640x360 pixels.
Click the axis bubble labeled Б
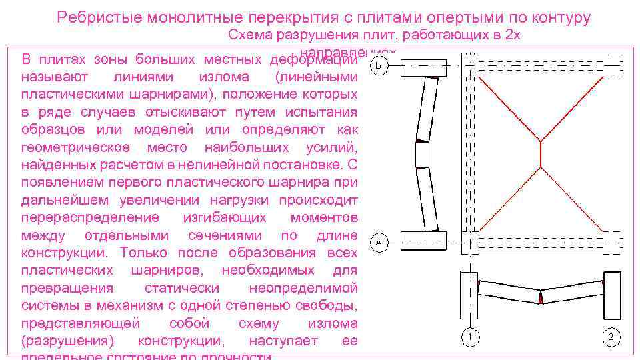[378, 67]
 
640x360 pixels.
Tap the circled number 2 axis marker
[611, 337]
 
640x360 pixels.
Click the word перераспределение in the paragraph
[90, 217]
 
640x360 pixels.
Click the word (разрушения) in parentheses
[67, 341]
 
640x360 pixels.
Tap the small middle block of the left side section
[422, 154]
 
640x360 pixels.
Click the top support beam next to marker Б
[423, 67]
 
